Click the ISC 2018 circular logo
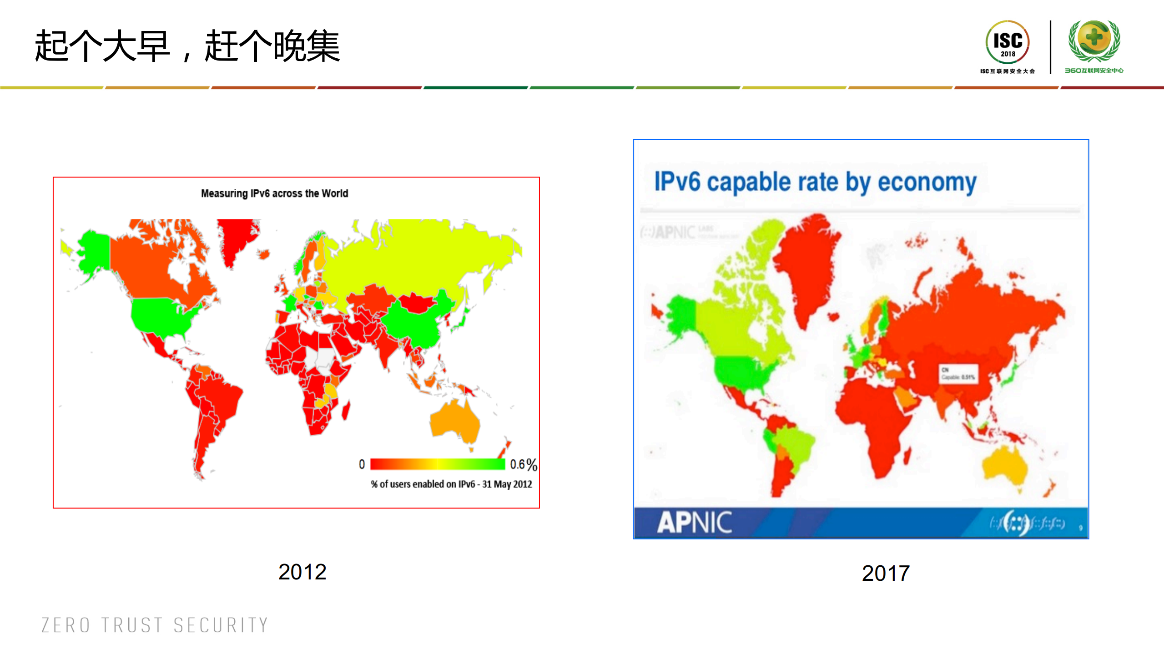point(1008,42)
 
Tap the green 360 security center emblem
point(1094,41)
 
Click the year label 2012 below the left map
point(302,572)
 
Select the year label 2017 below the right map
point(885,573)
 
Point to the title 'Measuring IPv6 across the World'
point(274,193)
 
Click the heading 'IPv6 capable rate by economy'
point(815,182)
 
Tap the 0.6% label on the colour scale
point(523,464)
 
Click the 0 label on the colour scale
point(362,464)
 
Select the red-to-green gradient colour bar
point(437,464)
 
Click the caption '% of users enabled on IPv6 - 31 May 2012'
point(451,484)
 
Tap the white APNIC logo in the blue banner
point(694,522)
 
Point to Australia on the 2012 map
point(455,421)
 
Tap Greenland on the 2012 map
point(237,237)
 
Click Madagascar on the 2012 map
point(346,411)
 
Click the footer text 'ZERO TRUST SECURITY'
point(155,625)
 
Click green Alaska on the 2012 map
point(93,253)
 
